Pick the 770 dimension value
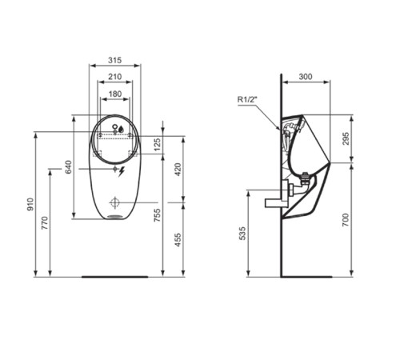click(46, 224)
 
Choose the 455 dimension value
click(179, 238)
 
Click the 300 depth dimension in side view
click(306, 76)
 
